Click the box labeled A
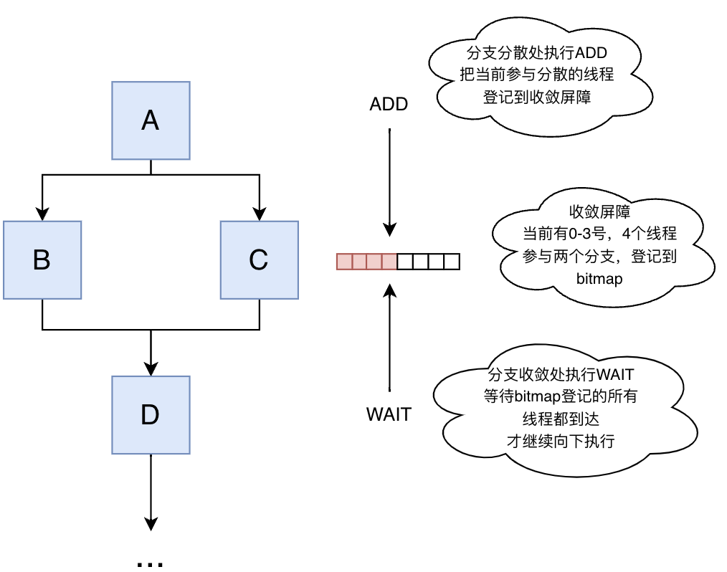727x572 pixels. (151, 120)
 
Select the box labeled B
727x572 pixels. (42, 259)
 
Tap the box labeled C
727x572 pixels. (259, 259)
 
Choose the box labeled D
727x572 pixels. (151, 414)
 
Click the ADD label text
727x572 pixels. (389, 104)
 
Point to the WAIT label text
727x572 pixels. (389, 414)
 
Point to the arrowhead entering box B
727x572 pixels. (42, 214)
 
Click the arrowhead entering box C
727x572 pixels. (259, 214)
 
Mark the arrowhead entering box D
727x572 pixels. (151, 368)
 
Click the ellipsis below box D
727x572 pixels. (151, 563)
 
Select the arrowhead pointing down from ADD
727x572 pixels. (389, 229)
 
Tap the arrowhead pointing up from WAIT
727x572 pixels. (389, 290)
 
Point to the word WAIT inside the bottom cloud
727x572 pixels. (617, 375)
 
